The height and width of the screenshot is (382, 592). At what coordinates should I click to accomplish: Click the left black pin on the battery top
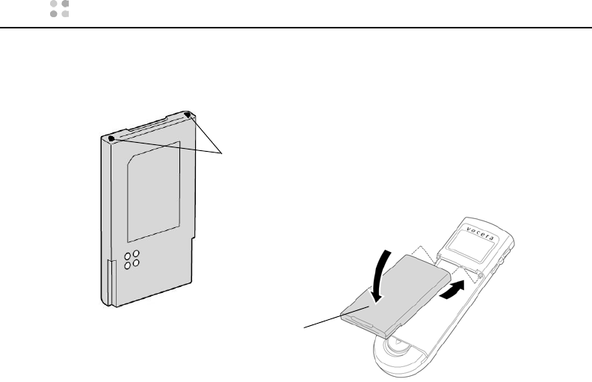tap(111, 138)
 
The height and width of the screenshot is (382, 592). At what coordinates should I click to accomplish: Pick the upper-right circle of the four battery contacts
tap(138, 252)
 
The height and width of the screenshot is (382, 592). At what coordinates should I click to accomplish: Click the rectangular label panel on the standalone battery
tap(153, 186)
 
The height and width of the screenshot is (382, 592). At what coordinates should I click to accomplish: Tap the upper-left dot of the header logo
tap(54, 4)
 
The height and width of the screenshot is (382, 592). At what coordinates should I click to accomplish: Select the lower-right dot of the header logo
tap(64, 14)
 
